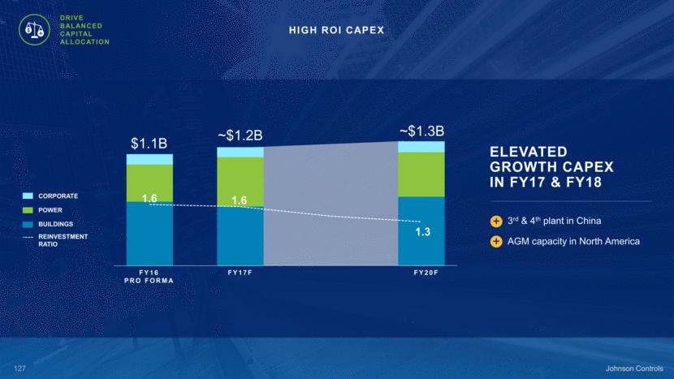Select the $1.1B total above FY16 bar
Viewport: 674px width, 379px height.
149,144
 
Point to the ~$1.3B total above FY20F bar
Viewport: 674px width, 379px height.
421,131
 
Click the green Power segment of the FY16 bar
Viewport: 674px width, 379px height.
149,183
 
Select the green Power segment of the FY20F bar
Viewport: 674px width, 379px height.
421,174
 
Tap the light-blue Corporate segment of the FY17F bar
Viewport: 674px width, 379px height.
240,152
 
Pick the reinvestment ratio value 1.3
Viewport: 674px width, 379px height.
422,233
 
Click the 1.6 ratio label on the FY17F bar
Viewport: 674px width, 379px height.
240,200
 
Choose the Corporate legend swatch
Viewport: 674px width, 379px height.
28,196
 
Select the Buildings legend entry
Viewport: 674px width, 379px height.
56,224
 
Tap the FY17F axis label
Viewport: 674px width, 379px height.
240,273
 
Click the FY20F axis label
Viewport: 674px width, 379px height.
426,273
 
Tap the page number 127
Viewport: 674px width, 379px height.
21,368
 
